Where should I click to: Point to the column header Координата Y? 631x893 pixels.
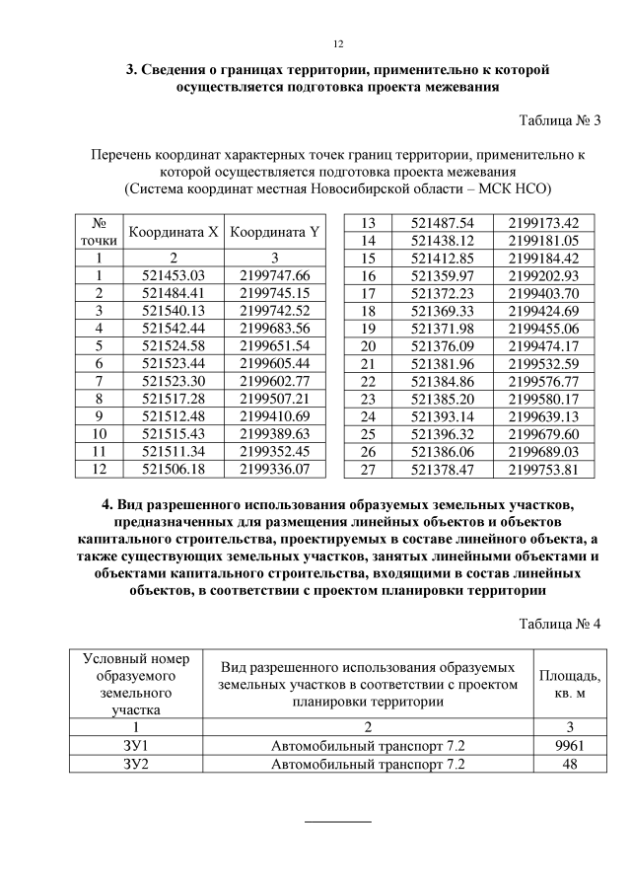tap(274, 233)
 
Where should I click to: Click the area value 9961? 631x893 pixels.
tap(567, 745)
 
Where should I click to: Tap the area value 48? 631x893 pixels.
tap(567, 763)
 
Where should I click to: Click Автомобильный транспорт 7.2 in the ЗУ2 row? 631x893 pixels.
tap(367, 763)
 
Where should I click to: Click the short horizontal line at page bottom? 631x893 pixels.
tap(337, 821)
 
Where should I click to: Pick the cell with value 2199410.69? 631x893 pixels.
tap(274, 414)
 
